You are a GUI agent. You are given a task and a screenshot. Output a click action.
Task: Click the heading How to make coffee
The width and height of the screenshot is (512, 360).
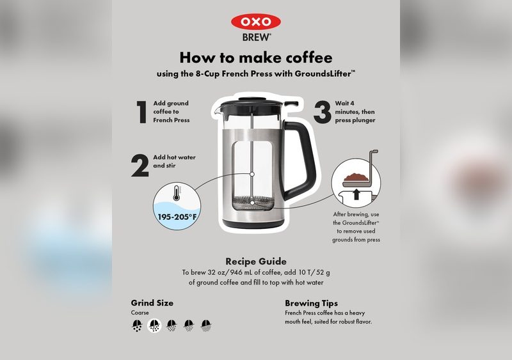256,58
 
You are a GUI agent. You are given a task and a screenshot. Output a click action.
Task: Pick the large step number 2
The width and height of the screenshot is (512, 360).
140,164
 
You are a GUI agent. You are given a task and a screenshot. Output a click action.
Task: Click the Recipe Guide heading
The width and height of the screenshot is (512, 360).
256,261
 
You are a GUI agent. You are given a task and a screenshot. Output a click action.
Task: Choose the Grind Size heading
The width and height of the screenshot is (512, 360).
152,302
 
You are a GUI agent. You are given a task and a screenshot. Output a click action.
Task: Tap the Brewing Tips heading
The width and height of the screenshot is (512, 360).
311,302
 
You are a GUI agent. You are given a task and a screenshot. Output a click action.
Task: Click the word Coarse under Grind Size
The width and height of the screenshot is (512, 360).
140,313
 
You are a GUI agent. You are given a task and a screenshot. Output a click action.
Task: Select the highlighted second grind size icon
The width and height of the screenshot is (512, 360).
154,325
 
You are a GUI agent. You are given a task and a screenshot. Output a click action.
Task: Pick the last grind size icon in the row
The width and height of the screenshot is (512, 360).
206,325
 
